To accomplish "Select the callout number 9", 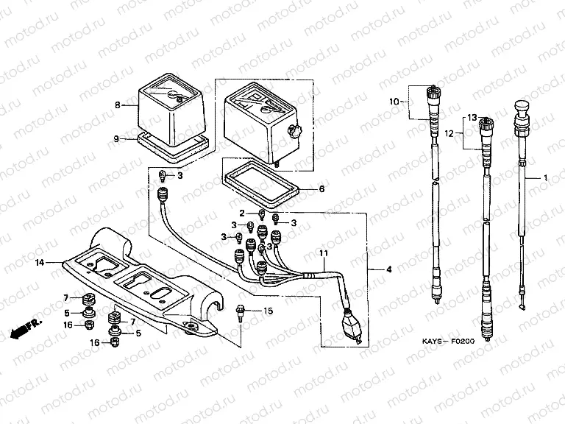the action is tap(116, 138).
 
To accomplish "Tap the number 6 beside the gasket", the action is tap(321, 189).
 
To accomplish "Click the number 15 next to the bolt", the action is tap(268, 311).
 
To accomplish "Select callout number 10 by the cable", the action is tap(394, 101).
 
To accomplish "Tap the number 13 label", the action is tap(472, 118).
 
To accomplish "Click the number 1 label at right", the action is tap(546, 178).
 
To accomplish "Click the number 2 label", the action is tap(241, 213).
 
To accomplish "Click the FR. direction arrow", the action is tap(24, 328).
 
